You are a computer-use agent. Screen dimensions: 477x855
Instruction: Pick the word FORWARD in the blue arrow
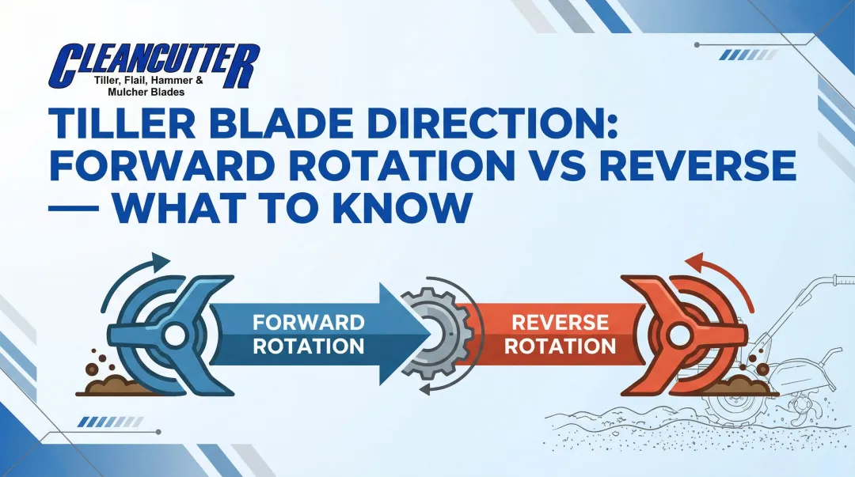(308, 322)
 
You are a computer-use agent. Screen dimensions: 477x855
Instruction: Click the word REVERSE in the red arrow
(560, 322)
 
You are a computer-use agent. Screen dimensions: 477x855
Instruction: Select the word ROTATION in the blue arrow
(308, 346)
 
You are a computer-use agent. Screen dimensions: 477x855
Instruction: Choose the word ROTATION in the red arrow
(560, 346)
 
